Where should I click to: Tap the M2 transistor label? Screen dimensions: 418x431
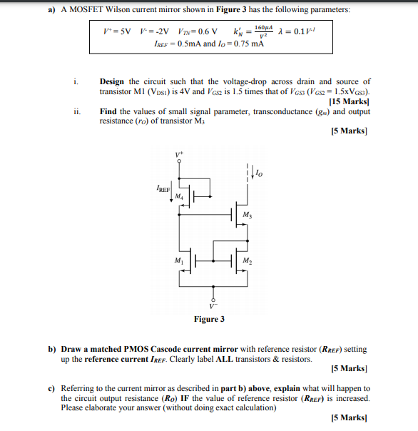247,260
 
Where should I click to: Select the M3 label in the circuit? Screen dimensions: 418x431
247,215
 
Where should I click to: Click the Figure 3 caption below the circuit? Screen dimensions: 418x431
209,319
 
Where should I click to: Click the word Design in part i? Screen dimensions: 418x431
112,82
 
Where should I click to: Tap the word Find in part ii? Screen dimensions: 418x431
108,112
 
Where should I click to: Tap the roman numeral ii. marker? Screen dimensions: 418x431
76,112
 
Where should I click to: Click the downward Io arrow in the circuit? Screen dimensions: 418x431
249,173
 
